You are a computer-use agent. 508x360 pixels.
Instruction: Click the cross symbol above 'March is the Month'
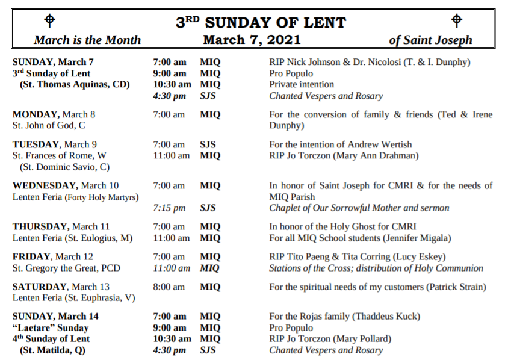pyautogui.click(x=51, y=20)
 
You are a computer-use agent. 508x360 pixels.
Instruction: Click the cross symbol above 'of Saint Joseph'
pyautogui.click(x=457, y=20)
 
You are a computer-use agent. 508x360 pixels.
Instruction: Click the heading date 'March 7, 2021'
pyautogui.click(x=252, y=40)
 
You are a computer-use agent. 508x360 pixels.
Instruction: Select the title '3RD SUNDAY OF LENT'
pyautogui.click(x=261, y=23)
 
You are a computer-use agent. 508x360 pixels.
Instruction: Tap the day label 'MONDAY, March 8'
pyautogui.click(x=54, y=114)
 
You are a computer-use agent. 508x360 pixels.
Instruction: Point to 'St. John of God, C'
pyautogui.click(x=49, y=126)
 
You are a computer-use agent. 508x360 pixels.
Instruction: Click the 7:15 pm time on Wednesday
pyautogui.click(x=169, y=208)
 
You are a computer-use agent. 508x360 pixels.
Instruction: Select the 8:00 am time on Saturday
pyautogui.click(x=169, y=287)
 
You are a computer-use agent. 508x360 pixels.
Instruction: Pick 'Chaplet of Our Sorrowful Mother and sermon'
pyautogui.click(x=359, y=208)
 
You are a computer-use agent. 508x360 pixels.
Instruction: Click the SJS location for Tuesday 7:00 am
pyautogui.click(x=208, y=144)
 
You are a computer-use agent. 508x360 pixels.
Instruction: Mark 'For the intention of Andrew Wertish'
pyautogui.click(x=340, y=144)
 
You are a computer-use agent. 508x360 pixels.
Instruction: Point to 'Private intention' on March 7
pyautogui.click(x=302, y=85)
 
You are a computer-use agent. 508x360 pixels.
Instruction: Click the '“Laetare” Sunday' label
pyautogui.click(x=50, y=328)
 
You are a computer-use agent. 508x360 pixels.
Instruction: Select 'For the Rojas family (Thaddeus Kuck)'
pyautogui.click(x=344, y=317)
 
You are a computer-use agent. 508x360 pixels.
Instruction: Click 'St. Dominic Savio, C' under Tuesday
pyautogui.click(x=64, y=167)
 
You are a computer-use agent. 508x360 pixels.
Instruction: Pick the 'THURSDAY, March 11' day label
pyautogui.click(x=61, y=227)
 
